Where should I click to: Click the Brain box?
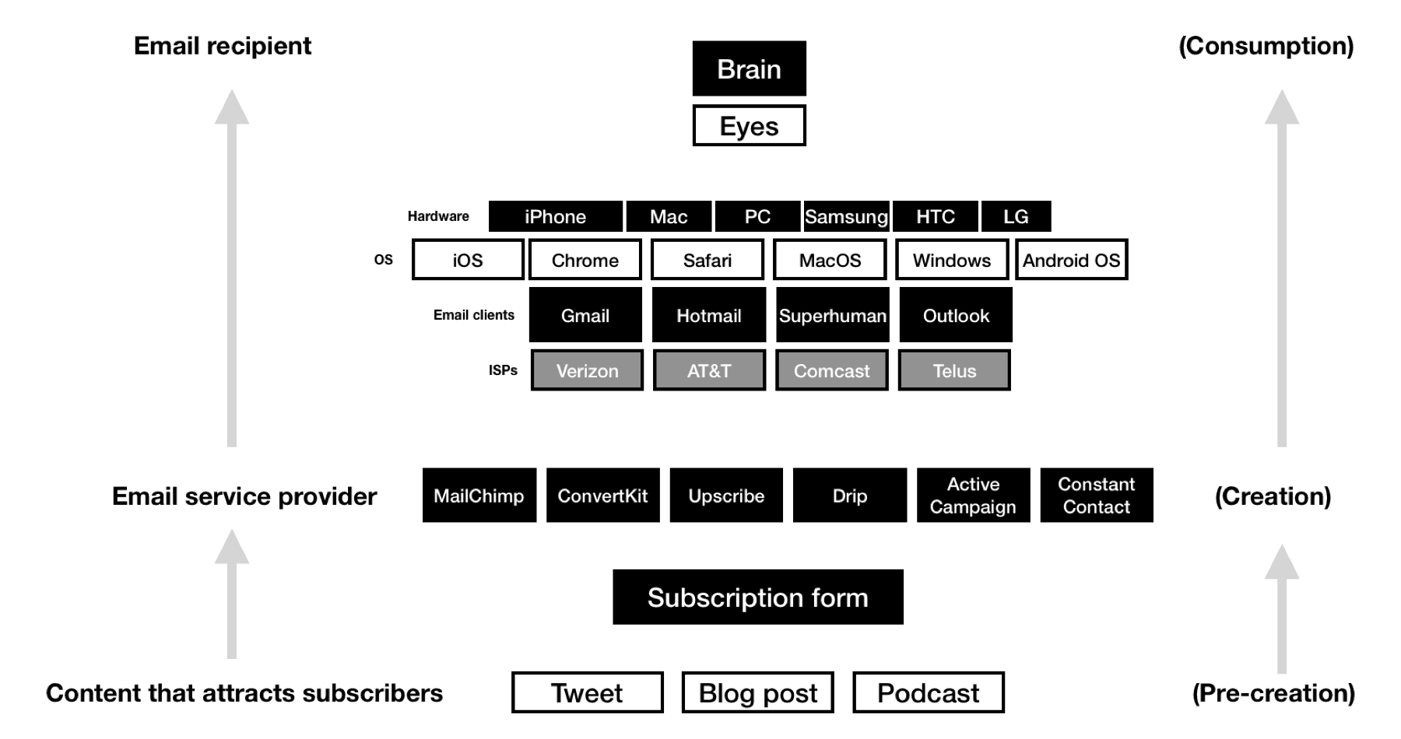(x=749, y=68)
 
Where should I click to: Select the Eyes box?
(x=749, y=126)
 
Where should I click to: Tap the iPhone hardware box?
(x=555, y=216)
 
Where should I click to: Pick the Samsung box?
(x=846, y=216)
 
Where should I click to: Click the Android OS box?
(x=1071, y=260)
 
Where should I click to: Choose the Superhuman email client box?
(x=832, y=315)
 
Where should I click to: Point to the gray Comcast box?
(x=831, y=370)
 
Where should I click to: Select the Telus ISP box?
(x=954, y=370)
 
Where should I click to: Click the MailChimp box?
(x=479, y=496)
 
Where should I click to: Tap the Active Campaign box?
(x=973, y=496)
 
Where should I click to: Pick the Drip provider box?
(x=849, y=496)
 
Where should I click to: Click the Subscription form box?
(x=757, y=597)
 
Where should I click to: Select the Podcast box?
(x=928, y=692)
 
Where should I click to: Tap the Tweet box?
(x=587, y=692)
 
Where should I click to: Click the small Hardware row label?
(x=438, y=216)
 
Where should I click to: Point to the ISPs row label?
(x=503, y=370)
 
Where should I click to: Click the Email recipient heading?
(x=223, y=46)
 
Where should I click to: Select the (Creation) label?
(x=1273, y=496)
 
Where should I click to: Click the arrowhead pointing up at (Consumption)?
(x=1281, y=107)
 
